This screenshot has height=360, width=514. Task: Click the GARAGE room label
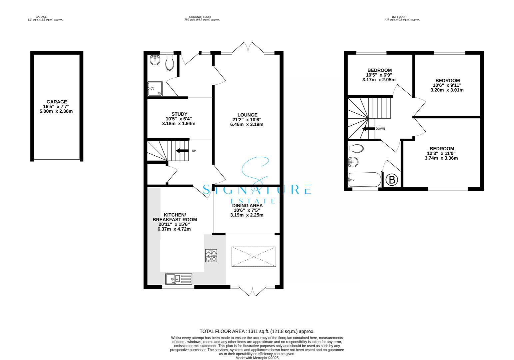tap(57, 102)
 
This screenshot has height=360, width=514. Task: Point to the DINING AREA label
tap(247, 206)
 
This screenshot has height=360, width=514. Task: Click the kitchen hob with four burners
tap(211, 256)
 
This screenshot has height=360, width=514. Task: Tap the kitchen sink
tap(178, 279)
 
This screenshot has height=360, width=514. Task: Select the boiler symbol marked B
tap(392, 180)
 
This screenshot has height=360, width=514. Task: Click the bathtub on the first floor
tap(364, 180)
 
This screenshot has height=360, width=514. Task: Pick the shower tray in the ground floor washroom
tap(155, 89)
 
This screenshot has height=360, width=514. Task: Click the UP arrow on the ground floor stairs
tap(182, 151)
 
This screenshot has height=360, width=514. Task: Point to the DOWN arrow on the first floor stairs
tap(368, 129)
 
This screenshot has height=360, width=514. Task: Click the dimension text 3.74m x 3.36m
tap(441, 158)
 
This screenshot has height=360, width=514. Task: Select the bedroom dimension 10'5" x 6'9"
tap(379, 75)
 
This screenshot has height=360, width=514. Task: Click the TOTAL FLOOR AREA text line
tap(257, 331)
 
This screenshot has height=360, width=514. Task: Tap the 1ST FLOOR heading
tap(402, 17)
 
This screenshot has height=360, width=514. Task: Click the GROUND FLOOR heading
tap(202, 17)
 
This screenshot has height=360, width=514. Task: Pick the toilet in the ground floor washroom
tap(169, 62)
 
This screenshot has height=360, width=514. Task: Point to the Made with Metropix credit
tap(257, 358)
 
